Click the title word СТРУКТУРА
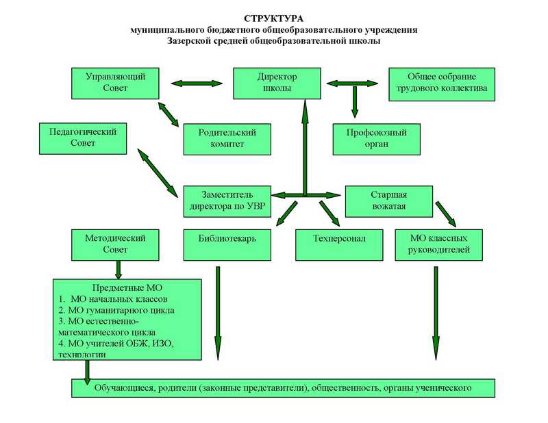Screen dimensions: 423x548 pos(273,18)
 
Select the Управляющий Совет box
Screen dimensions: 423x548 pos(114,83)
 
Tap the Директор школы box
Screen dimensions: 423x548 pos(277,83)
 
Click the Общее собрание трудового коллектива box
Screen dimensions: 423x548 pos(441,83)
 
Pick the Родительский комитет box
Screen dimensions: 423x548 pos(227,138)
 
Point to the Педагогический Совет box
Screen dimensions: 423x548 pos(83,137)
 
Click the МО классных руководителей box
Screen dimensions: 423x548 pos(439,244)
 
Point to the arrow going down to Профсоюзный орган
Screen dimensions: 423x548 pos(355,101)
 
